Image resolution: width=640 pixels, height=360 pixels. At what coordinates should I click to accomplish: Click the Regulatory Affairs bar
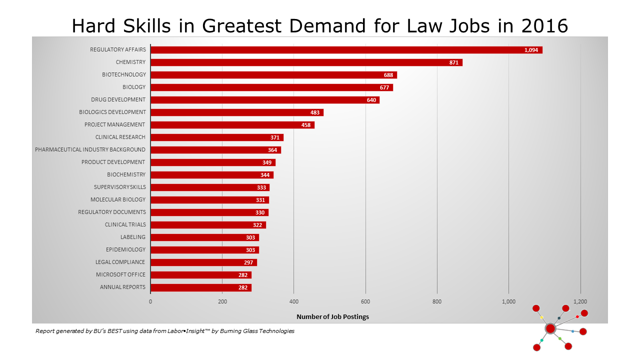(346, 50)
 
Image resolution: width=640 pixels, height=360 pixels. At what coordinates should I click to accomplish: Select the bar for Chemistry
(306, 62)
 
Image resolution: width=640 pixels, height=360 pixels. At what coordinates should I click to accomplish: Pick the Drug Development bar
(265, 100)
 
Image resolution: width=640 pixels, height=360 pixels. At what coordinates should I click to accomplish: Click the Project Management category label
(114, 124)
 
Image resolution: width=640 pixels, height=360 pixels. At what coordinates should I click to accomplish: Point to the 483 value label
(315, 112)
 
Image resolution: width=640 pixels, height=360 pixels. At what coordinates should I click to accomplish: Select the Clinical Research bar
(217, 137)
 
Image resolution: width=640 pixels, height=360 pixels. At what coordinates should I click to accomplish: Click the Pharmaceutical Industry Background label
(90, 149)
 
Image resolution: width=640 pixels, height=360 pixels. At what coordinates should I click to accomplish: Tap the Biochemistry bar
(212, 175)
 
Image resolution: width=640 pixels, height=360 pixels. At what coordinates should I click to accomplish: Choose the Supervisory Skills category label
(120, 187)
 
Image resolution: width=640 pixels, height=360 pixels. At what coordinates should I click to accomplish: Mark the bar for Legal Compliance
(203, 262)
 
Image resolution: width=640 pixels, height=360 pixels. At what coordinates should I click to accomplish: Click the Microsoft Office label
(120, 274)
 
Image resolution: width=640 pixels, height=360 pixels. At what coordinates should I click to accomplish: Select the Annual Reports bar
(201, 287)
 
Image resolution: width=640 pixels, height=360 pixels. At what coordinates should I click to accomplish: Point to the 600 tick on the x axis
(365, 301)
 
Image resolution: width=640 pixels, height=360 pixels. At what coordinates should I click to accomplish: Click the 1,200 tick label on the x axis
(580, 301)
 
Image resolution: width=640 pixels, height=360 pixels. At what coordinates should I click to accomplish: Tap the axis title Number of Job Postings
(332, 316)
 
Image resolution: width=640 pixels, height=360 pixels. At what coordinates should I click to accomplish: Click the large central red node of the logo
(550, 328)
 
